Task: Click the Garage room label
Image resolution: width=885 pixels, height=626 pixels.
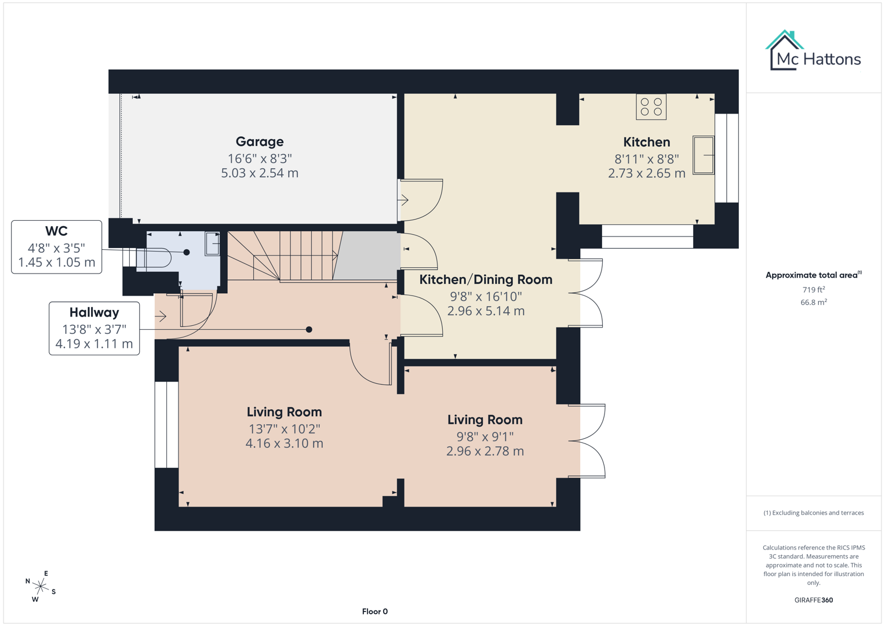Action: coord(260,141)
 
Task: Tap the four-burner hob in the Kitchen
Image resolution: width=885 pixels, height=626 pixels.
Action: coord(651,107)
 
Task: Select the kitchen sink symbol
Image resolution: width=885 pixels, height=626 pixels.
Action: coord(704,155)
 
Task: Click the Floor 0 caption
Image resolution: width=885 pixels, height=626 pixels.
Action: coord(374,612)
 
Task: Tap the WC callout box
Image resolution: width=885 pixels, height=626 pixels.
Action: coord(56,247)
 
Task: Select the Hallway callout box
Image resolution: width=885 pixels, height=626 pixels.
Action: coord(94,328)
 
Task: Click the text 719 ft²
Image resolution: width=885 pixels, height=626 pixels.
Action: coord(813,290)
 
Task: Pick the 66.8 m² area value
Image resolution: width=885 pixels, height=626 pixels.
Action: coord(813,303)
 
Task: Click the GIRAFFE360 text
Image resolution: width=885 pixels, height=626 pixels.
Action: coord(813,600)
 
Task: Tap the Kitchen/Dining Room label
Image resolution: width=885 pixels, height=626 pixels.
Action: coord(486,279)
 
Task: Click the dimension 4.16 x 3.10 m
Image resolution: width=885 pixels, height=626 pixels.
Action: coord(284,443)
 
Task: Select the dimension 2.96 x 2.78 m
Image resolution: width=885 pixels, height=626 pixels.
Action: coord(485,451)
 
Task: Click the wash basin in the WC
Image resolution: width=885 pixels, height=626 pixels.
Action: coord(212,244)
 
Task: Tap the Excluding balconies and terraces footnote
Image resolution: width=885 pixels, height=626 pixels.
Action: coord(813,513)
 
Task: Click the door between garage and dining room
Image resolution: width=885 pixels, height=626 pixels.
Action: coord(421,200)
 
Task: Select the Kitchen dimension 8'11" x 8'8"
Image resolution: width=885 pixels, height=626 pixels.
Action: coord(646,158)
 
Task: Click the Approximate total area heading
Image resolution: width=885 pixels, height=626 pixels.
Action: coord(813,275)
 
